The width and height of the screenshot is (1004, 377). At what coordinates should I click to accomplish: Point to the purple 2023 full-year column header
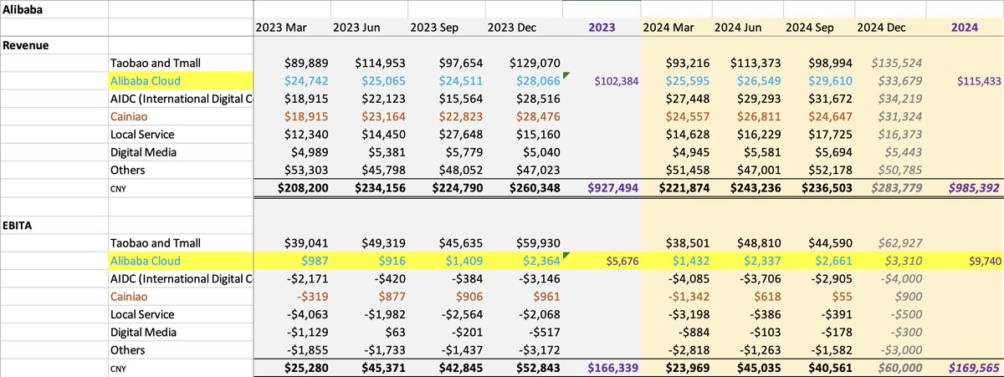click(602, 27)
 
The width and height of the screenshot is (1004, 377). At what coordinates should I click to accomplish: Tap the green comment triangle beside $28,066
click(566, 75)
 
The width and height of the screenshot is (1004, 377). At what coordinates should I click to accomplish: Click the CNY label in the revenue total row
click(120, 188)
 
